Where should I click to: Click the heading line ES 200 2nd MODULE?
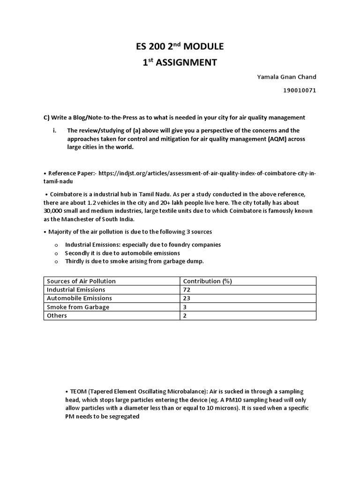[x=180, y=46]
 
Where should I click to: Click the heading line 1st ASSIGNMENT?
[x=180, y=62]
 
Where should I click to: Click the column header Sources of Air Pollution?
[x=81, y=281]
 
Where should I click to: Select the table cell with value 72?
[x=187, y=290]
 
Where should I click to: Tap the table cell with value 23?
[x=187, y=298]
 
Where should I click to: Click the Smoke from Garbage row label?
[x=78, y=307]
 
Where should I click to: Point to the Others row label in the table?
[x=57, y=315]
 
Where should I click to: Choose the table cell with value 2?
[x=185, y=315]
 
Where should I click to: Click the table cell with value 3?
[x=185, y=307]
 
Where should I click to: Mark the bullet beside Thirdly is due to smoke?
[x=56, y=262]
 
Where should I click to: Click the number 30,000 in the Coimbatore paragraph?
[x=55, y=211]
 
